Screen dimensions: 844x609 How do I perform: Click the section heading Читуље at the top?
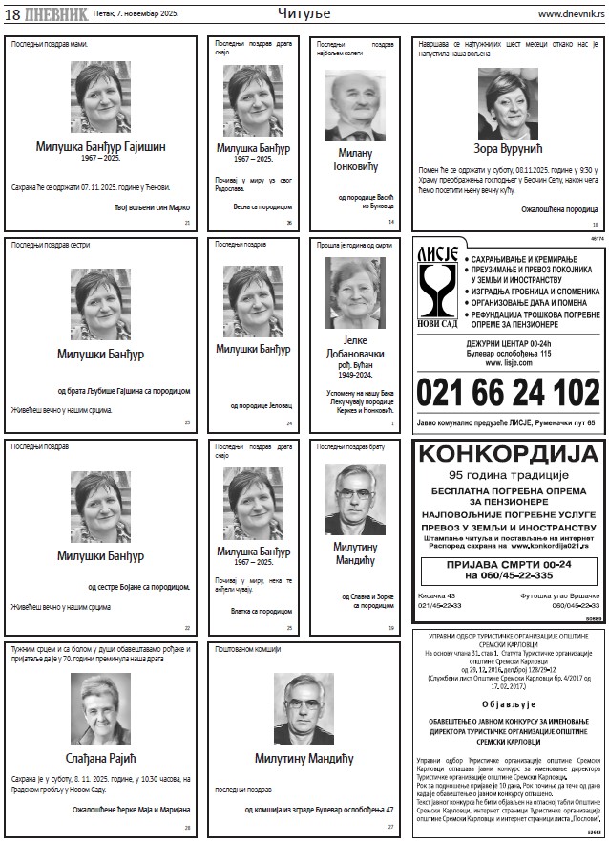(303, 13)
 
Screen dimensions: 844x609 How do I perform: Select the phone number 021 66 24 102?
(508, 392)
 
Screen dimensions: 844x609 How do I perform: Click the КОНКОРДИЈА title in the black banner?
(508, 454)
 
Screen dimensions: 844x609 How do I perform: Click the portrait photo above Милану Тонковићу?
(354, 105)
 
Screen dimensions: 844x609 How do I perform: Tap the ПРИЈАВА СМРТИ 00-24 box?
(508, 571)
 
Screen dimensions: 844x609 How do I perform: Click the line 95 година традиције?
(508, 474)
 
